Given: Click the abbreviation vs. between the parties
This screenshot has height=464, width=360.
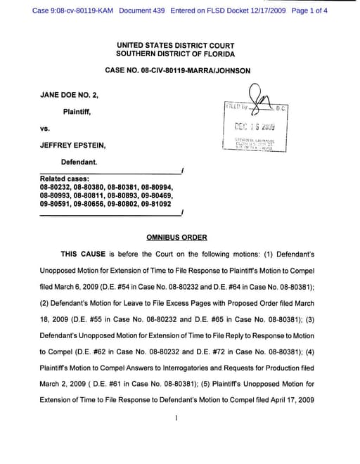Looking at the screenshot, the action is (44, 129).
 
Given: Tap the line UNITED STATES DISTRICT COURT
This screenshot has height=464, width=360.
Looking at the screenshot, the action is (176, 45).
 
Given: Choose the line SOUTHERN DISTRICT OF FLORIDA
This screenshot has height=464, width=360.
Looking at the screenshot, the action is (176, 54).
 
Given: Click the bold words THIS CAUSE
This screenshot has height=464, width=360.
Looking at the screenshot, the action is (84, 254).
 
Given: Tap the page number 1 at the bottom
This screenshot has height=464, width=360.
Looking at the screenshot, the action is (176, 418).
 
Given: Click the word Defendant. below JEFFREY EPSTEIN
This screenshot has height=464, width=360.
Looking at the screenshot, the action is (78, 161).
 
